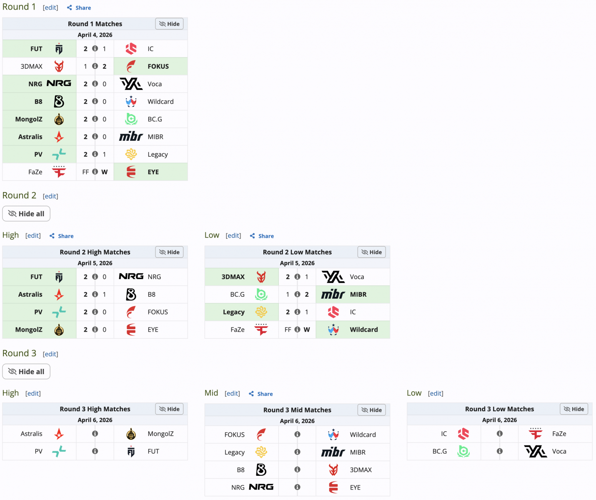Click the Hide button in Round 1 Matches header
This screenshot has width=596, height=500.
[169, 24]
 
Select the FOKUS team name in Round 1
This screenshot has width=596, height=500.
[158, 66]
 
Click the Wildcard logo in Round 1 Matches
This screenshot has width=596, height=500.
[131, 102]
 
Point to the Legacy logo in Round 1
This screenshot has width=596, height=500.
[131, 154]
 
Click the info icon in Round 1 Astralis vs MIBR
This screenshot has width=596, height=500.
[95, 137]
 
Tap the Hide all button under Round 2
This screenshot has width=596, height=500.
[26, 214]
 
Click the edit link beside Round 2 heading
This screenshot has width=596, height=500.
[50, 196]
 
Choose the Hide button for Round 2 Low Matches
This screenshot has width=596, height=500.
[371, 252]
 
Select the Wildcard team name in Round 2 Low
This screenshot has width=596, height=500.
[363, 330]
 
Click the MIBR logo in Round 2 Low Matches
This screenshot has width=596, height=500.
[333, 295]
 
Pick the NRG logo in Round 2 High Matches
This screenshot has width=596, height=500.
[131, 277]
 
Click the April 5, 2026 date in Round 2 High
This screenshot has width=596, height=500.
[95, 263]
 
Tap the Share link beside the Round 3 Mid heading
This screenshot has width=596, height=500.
[261, 394]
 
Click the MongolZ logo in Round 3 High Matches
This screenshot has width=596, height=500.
[131, 434]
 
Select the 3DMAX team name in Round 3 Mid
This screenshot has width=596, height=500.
[361, 470]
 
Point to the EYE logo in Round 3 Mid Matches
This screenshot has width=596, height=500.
[333, 487]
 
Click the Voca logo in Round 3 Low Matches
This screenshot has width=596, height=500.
[536, 451]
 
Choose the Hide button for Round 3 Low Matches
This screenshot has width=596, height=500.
[574, 409]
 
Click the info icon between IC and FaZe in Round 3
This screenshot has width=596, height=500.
[500, 434]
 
